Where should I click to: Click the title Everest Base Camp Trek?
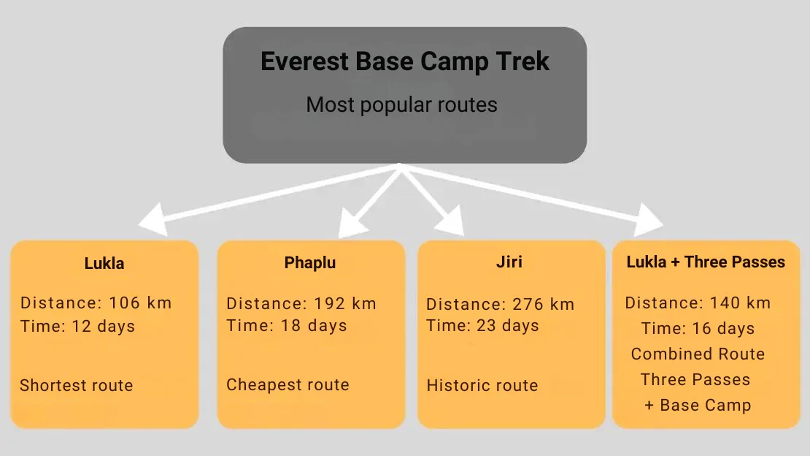coord(404,61)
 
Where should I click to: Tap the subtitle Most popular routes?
coord(401,104)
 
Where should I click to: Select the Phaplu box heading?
coord(310,263)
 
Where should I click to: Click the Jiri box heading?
coord(509,262)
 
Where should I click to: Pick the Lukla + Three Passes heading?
coord(706,262)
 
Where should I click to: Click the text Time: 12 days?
coord(77,327)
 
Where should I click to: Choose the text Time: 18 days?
coord(287,326)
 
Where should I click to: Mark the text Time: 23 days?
coord(482,326)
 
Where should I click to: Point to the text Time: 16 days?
coord(698,328)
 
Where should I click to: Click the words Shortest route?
coord(77,385)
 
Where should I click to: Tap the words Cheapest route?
coord(288,384)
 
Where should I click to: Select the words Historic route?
coord(482,385)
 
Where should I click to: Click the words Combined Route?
coord(698,354)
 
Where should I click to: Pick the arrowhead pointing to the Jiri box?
coord(452,221)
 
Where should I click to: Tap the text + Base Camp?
coord(698,406)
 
